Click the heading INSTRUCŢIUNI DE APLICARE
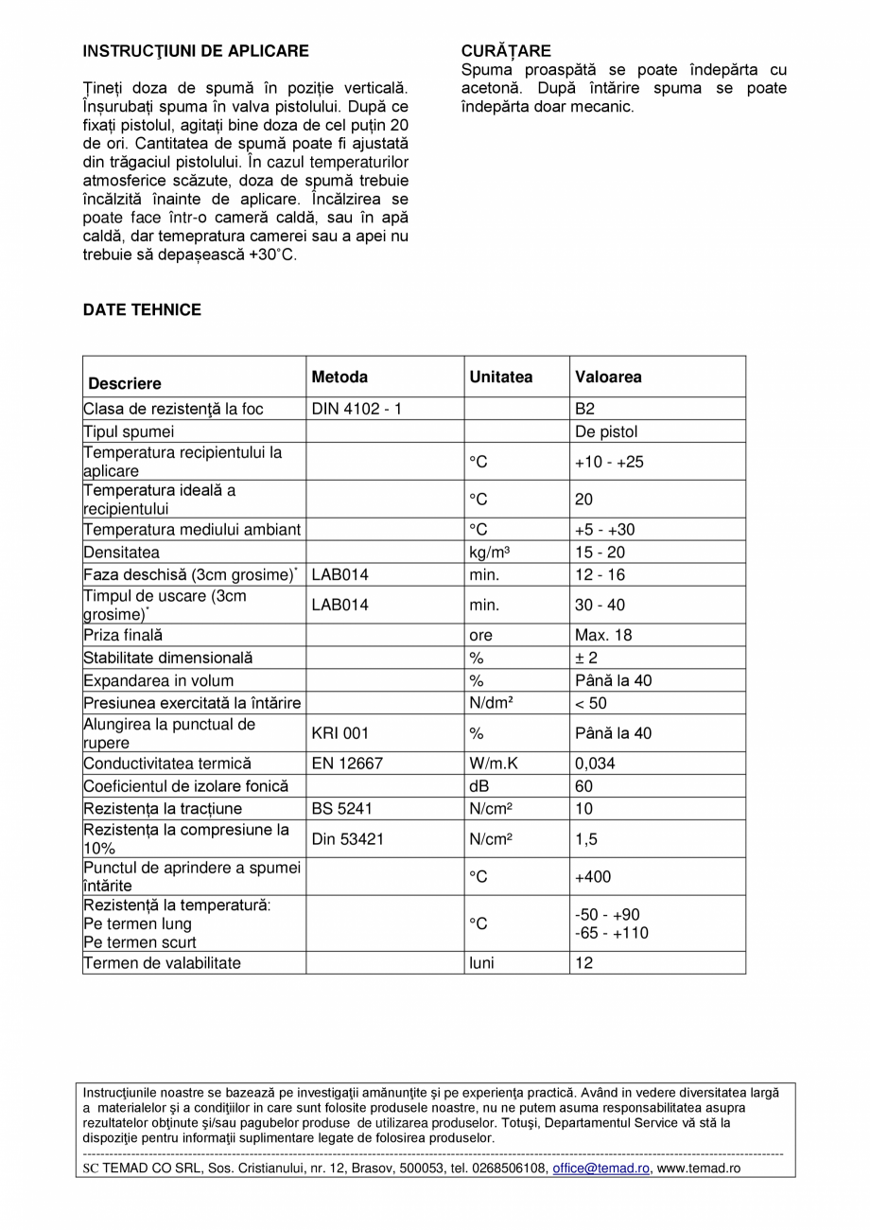tap(196, 51)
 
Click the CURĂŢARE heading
tap(506, 51)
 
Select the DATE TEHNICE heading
tap(142, 310)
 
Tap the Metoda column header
tap(339, 377)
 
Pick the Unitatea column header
tap(501, 377)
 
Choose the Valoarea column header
tap(608, 377)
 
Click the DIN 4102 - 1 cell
tap(357, 409)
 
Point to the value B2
tap(585, 409)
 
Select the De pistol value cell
tap(606, 431)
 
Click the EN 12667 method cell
tap(347, 763)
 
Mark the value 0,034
tap(595, 763)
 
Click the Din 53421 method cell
tap(348, 838)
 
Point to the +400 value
tap(593, 877)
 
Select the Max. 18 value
tap(600, 635)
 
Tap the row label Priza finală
tap(123, 635)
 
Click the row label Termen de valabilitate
tap(162, 962)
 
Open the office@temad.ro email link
tap(601, 1168)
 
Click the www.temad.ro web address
tap(699, 1168)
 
